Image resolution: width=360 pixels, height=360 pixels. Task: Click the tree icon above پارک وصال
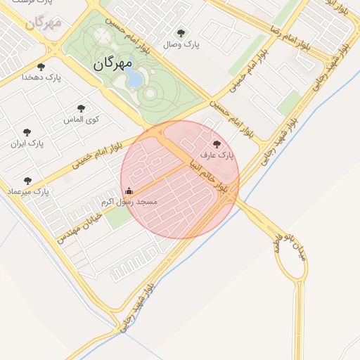(181, 33)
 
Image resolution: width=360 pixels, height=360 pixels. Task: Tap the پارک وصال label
(181, 44)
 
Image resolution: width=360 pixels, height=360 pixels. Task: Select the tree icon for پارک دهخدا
(41, 67)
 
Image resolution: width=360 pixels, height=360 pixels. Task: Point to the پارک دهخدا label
(41, 78)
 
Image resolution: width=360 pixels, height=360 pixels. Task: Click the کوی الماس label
(82, 119)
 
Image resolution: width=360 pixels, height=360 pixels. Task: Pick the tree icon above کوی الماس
(82, 108)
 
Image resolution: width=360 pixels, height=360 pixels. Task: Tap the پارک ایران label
(27, 143)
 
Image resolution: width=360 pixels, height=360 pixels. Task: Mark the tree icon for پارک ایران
(27, 132)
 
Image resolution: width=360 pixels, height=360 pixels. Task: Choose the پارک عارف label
(216, 154)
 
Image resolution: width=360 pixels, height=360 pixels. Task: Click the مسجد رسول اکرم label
(129, 202)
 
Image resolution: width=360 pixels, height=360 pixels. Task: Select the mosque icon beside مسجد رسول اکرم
(129, 191)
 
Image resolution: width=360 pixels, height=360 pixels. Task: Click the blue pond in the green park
(134, 79)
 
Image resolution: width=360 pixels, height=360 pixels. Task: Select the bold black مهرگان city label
(112, 63)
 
